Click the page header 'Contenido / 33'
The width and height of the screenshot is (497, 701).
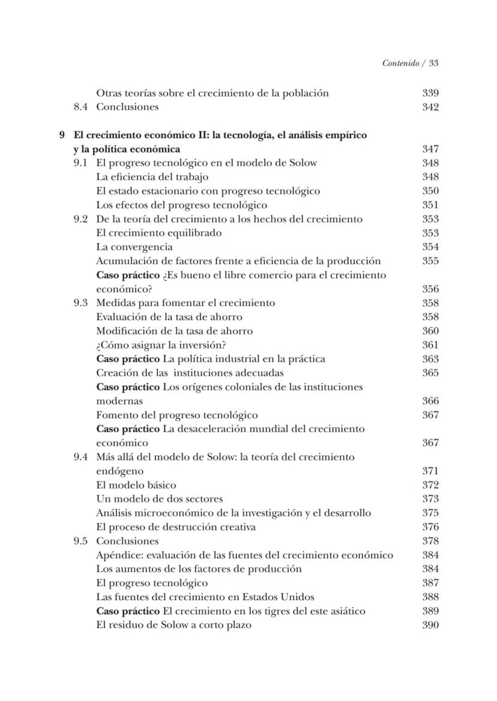[x=410, y=63]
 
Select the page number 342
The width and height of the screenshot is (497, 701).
[x=430, y=107]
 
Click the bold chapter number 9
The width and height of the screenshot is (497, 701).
[x=62, y=135]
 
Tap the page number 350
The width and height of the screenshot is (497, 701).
[x=430, y=191]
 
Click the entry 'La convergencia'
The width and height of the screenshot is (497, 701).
[x=134, y=247]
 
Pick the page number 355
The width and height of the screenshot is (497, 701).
[x=430, y=261]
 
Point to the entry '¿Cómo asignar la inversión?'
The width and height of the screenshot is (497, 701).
[x=161, y=345]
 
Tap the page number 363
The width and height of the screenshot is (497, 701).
[x=430, y=359]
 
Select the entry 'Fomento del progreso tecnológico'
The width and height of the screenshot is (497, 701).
[x=177, y=415]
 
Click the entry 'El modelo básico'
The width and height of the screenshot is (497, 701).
[x=136, y=485]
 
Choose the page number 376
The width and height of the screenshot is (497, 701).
[x=430, y=527]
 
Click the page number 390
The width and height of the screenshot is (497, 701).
[x=430, y=625]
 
